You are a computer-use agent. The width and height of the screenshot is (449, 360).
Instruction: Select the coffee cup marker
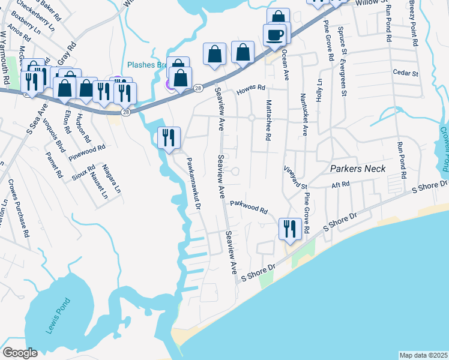click(x=275, y=35)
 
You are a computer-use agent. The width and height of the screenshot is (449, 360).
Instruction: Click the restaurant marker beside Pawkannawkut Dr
click(x=167, y=138)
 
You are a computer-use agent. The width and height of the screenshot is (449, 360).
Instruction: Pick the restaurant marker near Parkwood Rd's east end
click(x=289, y=229)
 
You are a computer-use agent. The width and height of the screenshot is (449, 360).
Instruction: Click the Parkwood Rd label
click(x=249, y=207)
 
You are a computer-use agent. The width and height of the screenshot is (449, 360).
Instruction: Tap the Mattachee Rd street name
click(x=268, y=120)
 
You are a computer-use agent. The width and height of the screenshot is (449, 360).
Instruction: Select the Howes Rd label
click(x=250, y=89)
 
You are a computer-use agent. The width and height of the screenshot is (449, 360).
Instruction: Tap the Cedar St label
click(x=405, y=73)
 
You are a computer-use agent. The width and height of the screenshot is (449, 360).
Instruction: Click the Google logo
click(x=20, y=353)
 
